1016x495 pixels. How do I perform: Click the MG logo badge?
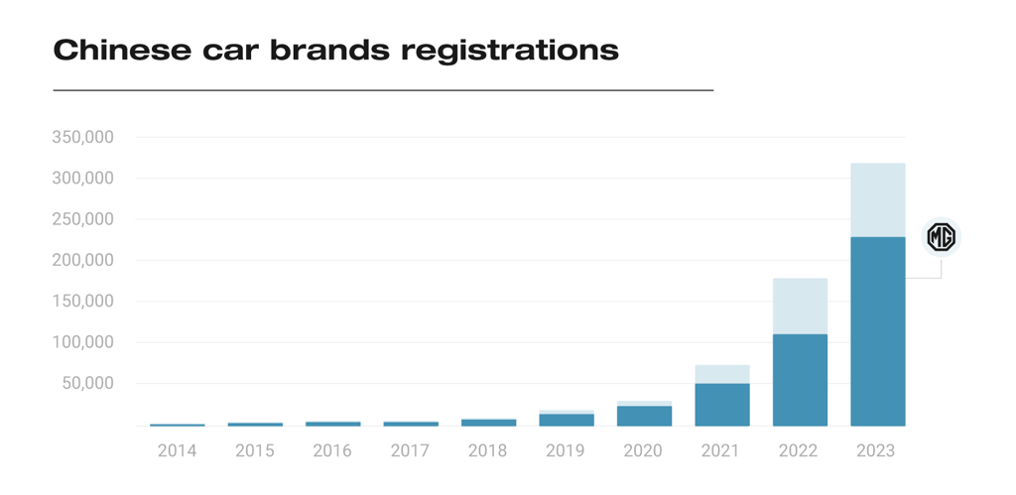(941, 237)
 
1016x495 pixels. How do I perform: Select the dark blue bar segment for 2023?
(877, 330)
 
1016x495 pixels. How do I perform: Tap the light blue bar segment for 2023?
(877, 199)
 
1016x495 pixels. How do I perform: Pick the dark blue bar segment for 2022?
(800, 379)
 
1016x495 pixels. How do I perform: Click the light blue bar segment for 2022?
(800, 306)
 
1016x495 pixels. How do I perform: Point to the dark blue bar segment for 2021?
(721, 404)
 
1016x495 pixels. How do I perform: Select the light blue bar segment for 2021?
(721, 374)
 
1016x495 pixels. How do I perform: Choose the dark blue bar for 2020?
(644, 416)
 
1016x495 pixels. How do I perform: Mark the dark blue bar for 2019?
(567, 420)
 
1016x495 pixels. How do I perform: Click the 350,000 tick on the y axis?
(82, 137)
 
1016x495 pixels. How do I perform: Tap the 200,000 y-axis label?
(82, 260)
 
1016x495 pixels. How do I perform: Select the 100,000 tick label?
(82, 342)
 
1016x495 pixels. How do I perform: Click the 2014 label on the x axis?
(177, 451)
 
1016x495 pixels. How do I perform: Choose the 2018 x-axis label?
(487, 451)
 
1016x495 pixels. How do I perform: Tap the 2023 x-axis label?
(875, 451)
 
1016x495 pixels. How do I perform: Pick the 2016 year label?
(332, 451)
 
